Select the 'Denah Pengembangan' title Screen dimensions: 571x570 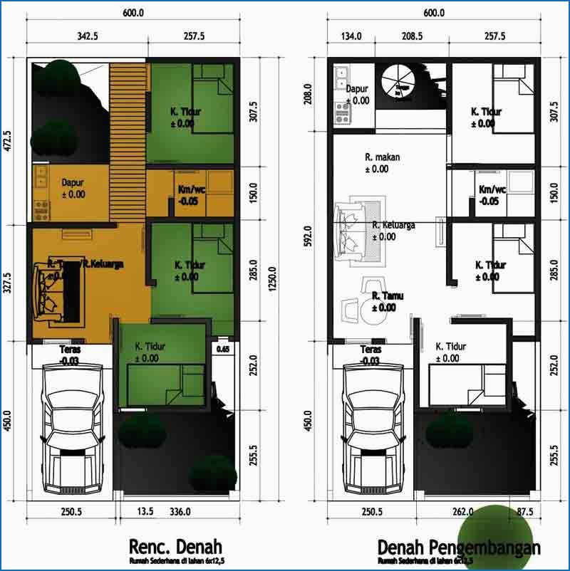click(x=458, y=548)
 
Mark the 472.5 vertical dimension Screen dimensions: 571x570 click(x=8, y=141)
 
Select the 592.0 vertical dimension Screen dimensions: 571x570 click(x=309, y=236)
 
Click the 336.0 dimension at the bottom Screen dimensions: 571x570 click(x=179, y=511)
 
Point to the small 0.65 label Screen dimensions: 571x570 click(x=222, y=349)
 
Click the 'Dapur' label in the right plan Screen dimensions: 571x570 click(x=357, y=90)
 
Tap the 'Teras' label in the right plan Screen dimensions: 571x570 click(x=370, y=350)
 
